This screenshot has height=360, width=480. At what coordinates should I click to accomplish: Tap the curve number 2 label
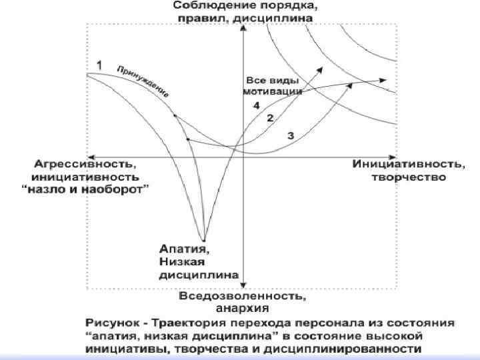pos(270,118)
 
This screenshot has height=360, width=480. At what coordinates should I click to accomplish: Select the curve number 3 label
pos(290,135)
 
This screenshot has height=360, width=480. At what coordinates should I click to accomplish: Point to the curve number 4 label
pos(256,105)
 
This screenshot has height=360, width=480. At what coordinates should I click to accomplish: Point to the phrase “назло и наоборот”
pos(86,189)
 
